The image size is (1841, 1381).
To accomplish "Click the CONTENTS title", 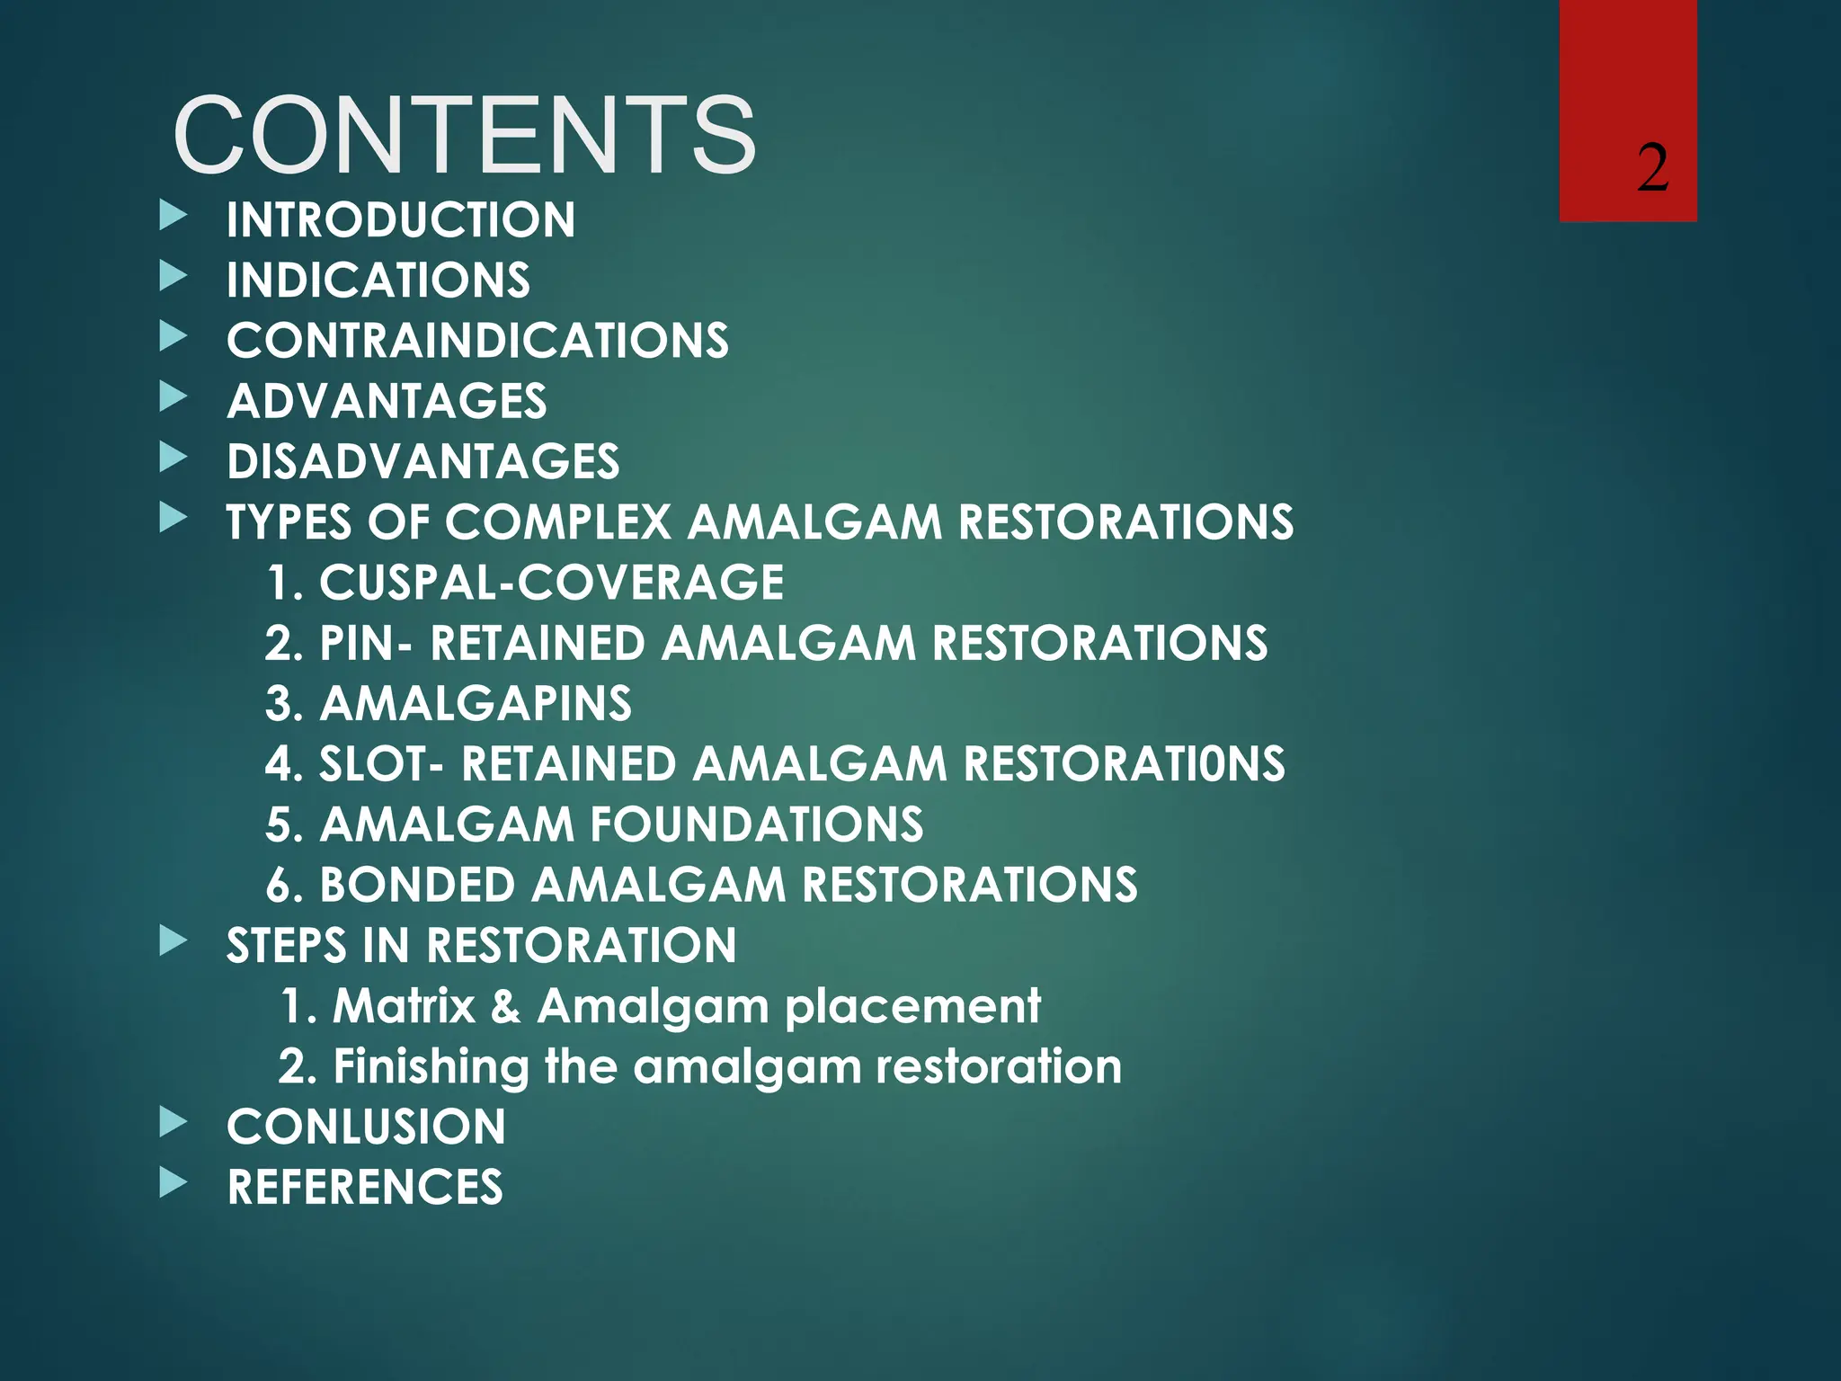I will (x=464, y=136).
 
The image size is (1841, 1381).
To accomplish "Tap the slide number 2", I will (x=1652, y=168).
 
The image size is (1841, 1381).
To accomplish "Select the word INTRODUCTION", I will (x=401, y=220).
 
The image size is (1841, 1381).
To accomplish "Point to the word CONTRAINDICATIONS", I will (x=477, y=341).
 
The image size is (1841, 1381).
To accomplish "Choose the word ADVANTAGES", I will (x=387, y=401).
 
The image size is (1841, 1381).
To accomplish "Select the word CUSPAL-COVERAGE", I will (x=551, y=583).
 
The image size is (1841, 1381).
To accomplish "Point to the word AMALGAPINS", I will (x=476, y=704).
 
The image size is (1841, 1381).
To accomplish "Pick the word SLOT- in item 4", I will (x=381, y=764).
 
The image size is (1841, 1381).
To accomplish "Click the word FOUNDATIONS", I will (x=756, y=824).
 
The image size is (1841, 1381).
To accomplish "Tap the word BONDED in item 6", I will (x=417, y=885).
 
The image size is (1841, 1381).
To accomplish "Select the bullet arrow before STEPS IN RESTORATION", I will (x=173, y=941).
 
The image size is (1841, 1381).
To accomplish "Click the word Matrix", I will (x=404, y=1005).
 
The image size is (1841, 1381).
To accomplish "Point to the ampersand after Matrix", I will (x=505, y=1006).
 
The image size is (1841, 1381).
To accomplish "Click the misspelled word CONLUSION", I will (x=366, y=1127).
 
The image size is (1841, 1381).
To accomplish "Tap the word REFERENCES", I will (x=365, y=1187).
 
